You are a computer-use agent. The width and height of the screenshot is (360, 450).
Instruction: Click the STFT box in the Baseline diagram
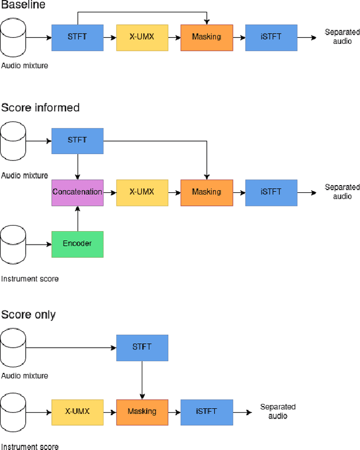(x=77, y=37)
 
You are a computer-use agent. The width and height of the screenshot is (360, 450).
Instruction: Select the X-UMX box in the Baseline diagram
(x=142, y=37)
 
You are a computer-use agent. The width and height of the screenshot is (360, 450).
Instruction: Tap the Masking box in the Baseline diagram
(x=206, y=37)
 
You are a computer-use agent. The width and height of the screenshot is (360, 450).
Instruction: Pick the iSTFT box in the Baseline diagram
(x=271, y=37)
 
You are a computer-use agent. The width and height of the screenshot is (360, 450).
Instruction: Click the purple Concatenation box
(x=77, y=192)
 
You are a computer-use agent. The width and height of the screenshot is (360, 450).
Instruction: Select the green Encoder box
(x=77, y=244)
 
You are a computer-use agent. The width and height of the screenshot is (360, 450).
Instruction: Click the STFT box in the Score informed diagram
(x=77, y=141)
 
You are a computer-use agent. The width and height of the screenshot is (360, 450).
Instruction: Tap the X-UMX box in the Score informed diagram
(x=142, y=192)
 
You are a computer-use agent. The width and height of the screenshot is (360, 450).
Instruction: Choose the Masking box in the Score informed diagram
(x=206, y=192)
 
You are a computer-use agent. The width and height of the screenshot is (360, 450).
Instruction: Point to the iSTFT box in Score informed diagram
(x=271, y=192)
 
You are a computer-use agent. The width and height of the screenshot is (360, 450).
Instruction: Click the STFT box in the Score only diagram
(x=142, y=348)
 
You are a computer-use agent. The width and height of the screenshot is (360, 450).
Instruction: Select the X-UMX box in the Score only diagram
(x=77, y=412)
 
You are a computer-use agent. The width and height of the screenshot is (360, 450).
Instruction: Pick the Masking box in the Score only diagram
(x=142, y=412)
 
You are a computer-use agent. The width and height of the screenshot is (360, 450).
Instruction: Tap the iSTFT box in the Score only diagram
(x=206, y=412)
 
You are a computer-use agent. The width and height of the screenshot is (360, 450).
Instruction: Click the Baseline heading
(x=23, y=5)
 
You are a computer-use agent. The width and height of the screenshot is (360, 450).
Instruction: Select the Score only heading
(x=28, y=314)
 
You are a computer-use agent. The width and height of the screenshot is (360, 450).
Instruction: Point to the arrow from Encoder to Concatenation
(x=77, y=218)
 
